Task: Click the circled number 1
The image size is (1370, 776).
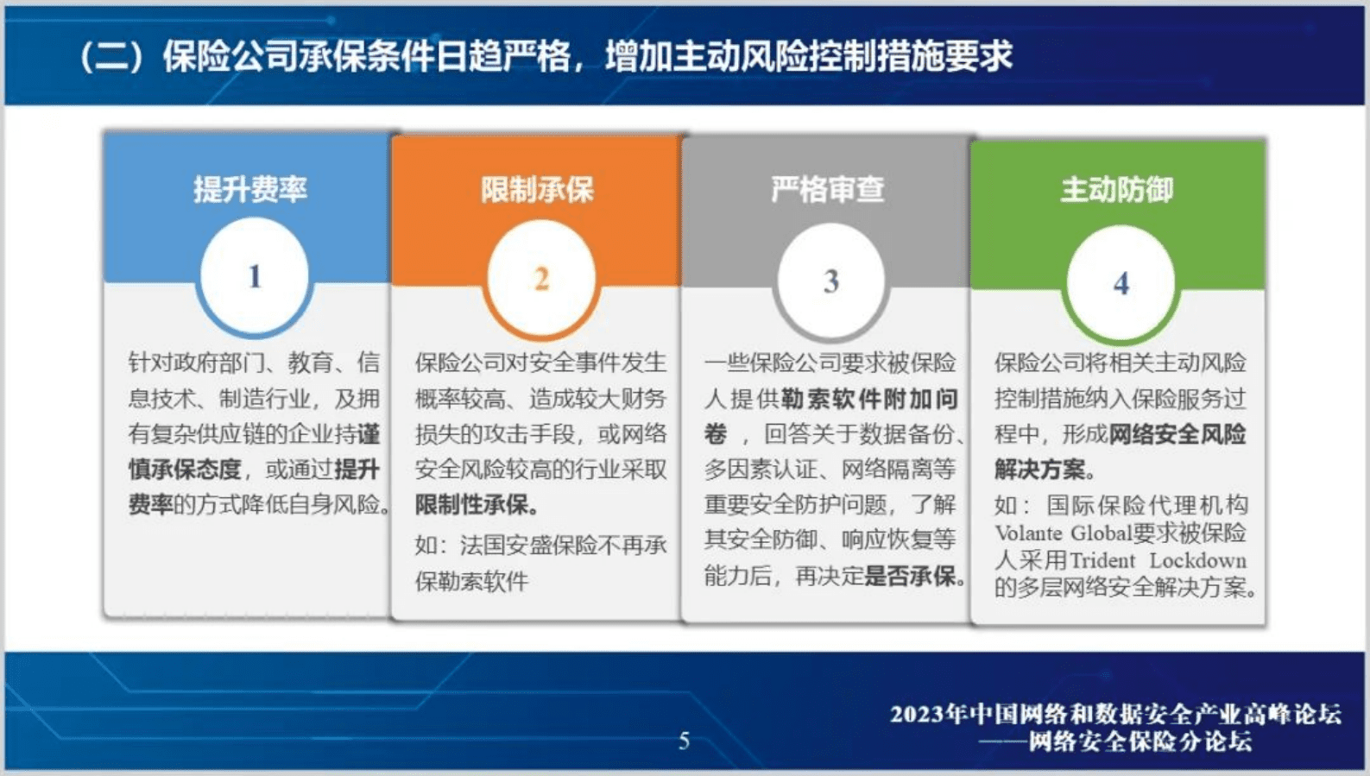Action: coord(254,276)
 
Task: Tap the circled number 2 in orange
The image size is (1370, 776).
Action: coord(541,279)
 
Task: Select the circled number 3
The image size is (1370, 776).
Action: coord(830,281)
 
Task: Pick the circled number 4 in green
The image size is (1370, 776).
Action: coord(1121,283)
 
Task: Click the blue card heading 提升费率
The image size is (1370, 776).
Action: coord(249,189)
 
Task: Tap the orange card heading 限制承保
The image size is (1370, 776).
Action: coord(537,190)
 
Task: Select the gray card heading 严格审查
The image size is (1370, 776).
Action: coord(827,190)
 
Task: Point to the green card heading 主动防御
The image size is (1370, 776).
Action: coord(1116,190)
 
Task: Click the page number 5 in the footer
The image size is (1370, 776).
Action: coord(684,741)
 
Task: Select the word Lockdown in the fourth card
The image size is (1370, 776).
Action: coord(1197,560)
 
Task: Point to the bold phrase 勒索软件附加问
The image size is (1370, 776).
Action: coord(869,398)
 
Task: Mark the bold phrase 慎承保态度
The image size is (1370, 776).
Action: coord(185,469)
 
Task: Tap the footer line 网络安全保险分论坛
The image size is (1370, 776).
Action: coord(1140,741)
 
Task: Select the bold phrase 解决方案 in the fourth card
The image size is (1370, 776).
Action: coord(1039,469)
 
